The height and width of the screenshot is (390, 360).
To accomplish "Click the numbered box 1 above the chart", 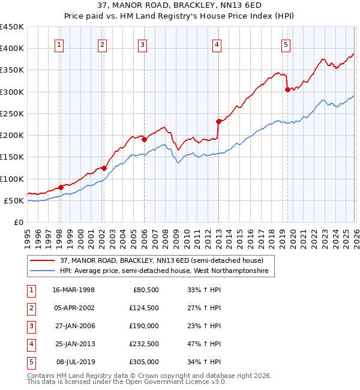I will click(60, 44).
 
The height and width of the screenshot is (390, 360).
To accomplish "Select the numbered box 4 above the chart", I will click(216, 44).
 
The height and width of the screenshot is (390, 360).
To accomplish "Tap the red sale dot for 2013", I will click(218, 121).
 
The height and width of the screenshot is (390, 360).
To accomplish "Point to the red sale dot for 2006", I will click(144, 140).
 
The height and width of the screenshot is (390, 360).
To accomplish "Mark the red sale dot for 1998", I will click(61, 187).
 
